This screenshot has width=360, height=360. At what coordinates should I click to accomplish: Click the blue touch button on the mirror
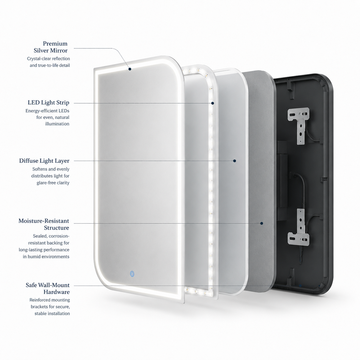(x=132, y=274)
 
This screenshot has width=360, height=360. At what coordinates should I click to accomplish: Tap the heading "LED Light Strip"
(x=49, y=102)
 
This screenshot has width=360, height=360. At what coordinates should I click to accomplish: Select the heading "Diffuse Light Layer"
(x=44, y=161)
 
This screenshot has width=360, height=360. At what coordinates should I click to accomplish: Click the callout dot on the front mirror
(x=130, y=69)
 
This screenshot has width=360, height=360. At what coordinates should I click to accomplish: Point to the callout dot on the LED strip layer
(x=213, y=103)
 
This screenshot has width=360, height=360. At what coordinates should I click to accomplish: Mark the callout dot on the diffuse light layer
(x=234, y=161)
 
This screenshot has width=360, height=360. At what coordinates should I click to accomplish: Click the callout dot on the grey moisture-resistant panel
(x=262, y=223)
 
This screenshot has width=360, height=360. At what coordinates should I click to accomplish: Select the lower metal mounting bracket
(x=298, y=227)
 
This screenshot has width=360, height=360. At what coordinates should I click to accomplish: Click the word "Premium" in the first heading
(x=55, y=43)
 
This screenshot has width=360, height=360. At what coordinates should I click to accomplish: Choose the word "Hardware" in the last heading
(x=57, y=292)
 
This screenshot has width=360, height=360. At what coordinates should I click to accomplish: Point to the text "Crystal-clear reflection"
(x=49, y=59)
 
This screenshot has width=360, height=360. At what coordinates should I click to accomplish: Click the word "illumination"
(x=57, y=124)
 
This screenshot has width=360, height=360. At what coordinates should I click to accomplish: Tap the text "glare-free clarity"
(x=53, y=183)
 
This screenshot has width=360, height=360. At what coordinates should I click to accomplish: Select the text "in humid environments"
(x=46, y=256)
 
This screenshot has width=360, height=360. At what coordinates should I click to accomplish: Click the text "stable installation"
(x=52, y=313)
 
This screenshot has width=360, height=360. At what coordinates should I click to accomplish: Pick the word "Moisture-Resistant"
(x=44, y=221)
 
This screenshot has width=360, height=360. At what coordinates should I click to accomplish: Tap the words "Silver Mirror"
(x=51, y=51)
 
